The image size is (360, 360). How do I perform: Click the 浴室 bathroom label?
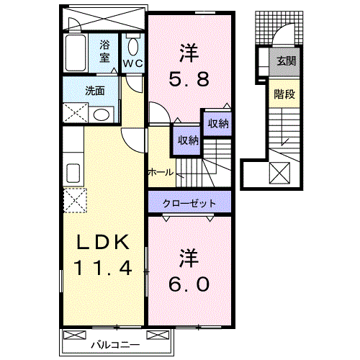(x=105, y=51)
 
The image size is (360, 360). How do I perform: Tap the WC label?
(x=132, y=63)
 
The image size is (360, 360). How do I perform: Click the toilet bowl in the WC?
(x=132, y=46)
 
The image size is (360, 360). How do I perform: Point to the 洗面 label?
(x=95, y=91)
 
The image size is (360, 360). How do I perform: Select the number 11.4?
(x=103, y=269)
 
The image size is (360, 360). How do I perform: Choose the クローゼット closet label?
(x=190, y=202)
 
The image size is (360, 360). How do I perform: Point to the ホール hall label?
(x=160, y=172)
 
